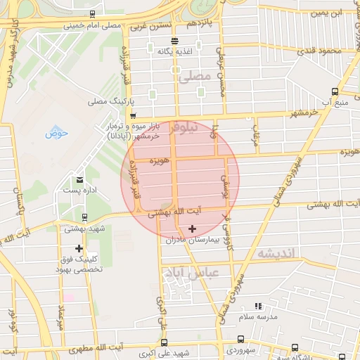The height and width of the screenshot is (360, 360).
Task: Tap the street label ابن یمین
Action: coord(328,13)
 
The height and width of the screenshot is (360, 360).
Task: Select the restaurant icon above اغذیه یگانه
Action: coord(174,40)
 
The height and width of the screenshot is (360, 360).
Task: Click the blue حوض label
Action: coord(56,132)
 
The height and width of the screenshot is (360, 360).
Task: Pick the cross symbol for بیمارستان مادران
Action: coord(192,229)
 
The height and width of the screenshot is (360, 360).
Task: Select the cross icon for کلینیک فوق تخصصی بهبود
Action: coord(79,248)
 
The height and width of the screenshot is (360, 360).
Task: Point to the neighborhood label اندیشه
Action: coord(276,252)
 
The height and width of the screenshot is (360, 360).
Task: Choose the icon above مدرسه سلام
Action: coord(258,306)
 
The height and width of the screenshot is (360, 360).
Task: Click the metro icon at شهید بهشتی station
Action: coord(84,217)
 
